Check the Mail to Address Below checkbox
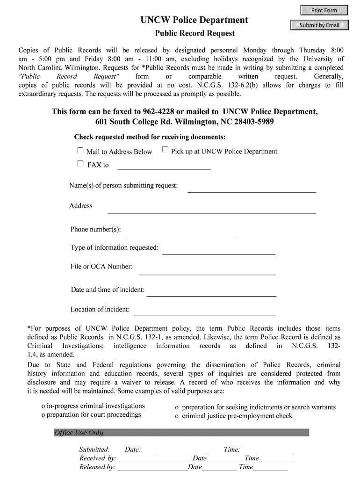(80, 151)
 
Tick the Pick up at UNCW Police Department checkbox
(165, 150)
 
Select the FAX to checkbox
(80, 164)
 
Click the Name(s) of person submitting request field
(252, 188)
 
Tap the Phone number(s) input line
(181, 232)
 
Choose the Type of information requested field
(218, 250)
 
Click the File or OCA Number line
(208, 270)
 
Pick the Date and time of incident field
(211, 292)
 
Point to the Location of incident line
(205, 312)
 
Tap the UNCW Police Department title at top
(194, 20)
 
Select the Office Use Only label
(79, 433)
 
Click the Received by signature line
(154, 459)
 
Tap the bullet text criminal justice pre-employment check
(237, 416)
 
